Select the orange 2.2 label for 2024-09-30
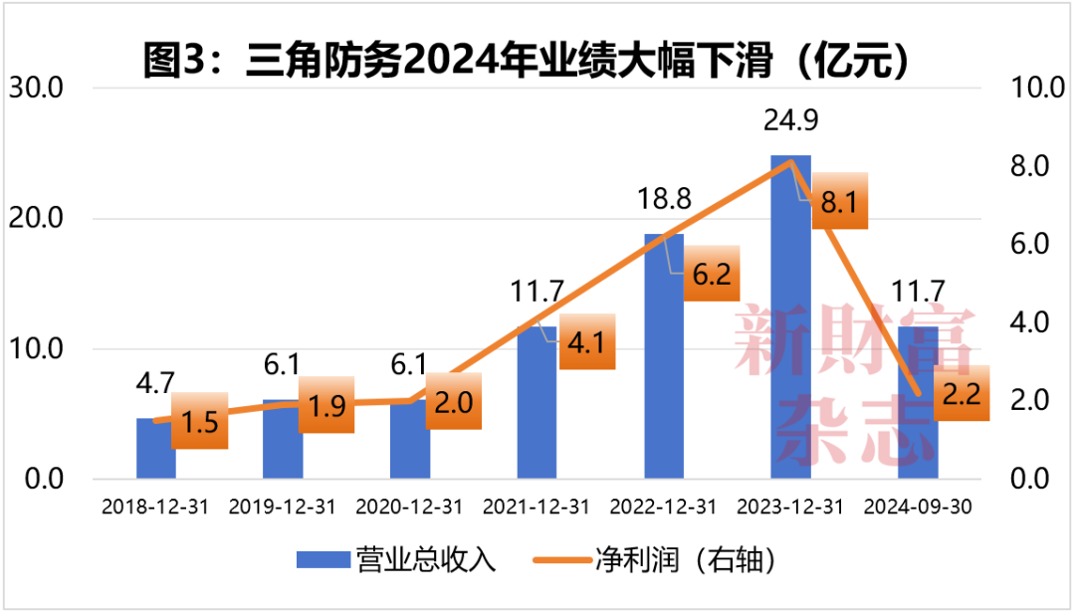tap(961, 394)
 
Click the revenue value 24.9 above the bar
tap(791, 122)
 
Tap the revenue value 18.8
tap(664, 201)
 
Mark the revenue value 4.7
tap(155, 384)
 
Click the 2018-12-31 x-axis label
tap(155, 508)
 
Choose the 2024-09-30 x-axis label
tap(918, 508)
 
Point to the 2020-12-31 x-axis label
tap(409, 508)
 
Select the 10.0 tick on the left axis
tap(37, 349)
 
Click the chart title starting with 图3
tap(528, 62)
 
